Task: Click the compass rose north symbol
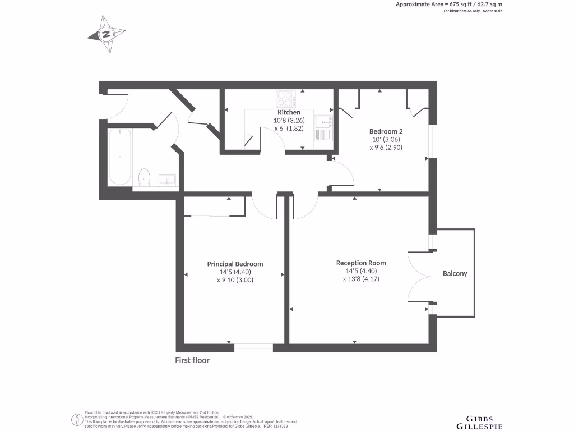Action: [107, 34]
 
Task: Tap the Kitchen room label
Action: [289, 112]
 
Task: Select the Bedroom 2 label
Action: [386, 131]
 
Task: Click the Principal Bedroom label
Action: [235, 264]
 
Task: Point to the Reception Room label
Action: [361, 263]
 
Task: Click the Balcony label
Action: [455, 273]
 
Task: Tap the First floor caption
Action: [192, 360]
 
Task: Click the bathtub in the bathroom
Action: [119, 157]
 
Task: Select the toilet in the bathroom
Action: [145, 177]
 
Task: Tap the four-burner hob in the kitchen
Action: [286, 99]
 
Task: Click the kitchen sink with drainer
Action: [323, 129]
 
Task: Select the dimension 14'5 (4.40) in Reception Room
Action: [361, 271]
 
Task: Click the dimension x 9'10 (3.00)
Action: [235, 280]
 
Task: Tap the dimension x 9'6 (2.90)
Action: [386, 148]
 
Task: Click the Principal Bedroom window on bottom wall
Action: [253, 348]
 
